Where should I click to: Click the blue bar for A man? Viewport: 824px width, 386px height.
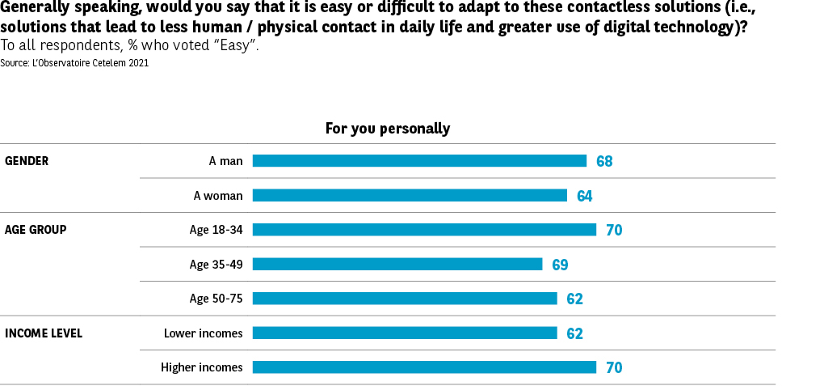(x=419, y=161)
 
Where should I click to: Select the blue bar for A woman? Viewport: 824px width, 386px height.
(x=410, y=195)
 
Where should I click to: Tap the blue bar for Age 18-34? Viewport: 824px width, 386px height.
(x=424, y=230)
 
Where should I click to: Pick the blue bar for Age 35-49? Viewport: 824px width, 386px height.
(x=397, y=264)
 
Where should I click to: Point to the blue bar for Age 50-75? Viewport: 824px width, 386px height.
(x=405, y=299)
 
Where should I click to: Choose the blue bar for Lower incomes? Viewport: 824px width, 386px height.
(x=405, y=333)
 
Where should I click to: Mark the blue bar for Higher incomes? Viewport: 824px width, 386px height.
(x=424, y=367)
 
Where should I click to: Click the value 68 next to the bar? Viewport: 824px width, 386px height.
(x=604, y=161)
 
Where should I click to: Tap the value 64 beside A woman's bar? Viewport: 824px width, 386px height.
(x=585, y=196)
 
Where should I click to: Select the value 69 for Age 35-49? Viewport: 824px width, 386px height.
(x=561, y=265)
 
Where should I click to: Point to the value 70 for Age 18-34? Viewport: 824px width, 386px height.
(x=614, y=230)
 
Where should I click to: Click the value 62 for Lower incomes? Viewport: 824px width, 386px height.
(x=575, y=333)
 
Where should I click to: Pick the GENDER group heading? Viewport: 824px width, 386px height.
(x=27, y=161)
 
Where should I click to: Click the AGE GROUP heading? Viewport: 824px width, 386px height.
(x=36, y=230)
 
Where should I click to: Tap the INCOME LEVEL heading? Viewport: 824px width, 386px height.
(x=44, y=333)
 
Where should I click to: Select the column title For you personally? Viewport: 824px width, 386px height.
(x=388, y=128)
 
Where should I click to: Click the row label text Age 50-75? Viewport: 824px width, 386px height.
(x=216, y=299)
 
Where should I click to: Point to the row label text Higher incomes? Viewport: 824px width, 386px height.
(x=201, y=367)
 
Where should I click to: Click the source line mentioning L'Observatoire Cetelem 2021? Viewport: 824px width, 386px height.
(x=74, y=62)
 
